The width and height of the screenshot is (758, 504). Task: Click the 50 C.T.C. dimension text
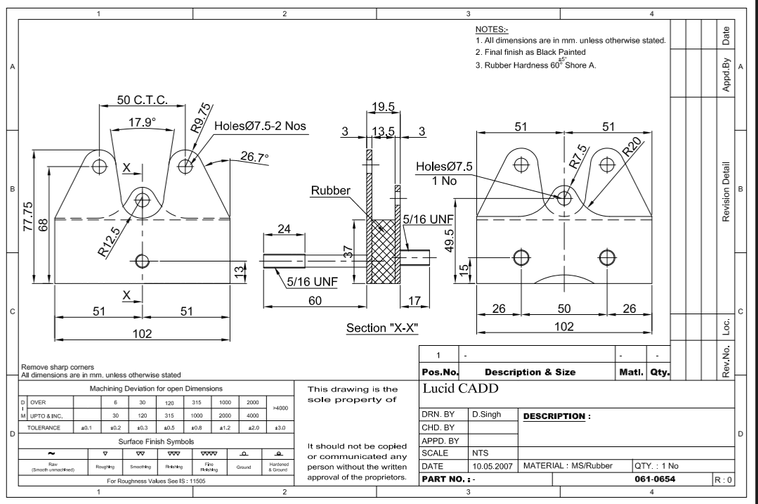pyautogui.click(x=141, y=99)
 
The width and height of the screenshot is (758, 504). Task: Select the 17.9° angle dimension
pyautogui.click(x=142, y=122)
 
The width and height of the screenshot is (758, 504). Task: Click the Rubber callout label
pyautogui.click(x=332, y=191)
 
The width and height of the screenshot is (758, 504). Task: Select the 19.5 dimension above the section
pyautogui.click(x=383, y=108)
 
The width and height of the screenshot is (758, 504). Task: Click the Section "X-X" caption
pyautogui.click(x=383, y=328)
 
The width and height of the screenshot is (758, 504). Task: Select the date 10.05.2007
pyautogui.click(x=492, y=466)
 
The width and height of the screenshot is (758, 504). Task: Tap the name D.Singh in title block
pyautogui.click(x=487, y=415)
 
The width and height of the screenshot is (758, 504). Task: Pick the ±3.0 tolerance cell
pyautogui.click(x=280, y=427)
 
